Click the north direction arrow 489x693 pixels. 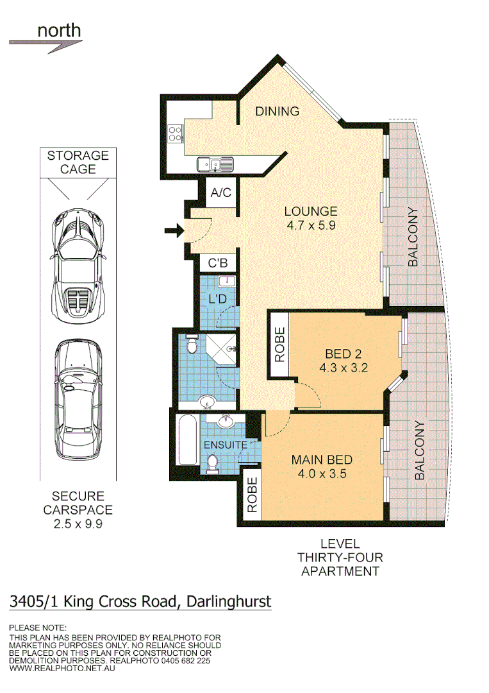(x=46, y=44)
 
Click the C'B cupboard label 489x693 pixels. (x=219, y=263)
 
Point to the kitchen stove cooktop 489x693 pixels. (x=174, y=133)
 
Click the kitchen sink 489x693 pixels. (x=215, y=164)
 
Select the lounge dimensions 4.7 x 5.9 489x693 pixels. (x=311, y=225)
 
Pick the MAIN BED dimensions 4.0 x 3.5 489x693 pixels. (x=322, y=474)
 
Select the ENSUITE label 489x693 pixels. (x=225, y=445)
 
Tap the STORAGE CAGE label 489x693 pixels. (x=78, y=162)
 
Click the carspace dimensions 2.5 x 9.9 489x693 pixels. (x=78, y=524)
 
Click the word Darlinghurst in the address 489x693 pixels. (x=229, y=602)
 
